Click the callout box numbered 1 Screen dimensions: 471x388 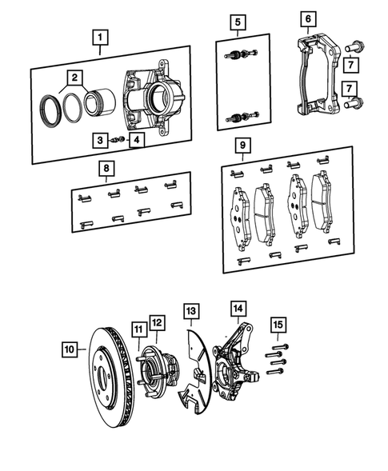tap(100, 37)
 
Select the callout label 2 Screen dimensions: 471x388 tap(74, 78)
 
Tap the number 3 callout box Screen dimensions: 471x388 tap(100, 140)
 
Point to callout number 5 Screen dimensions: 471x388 tap(238, 22)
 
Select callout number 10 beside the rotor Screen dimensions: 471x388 tap(70, 349)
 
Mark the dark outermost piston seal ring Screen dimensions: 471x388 tap(50, 110)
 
